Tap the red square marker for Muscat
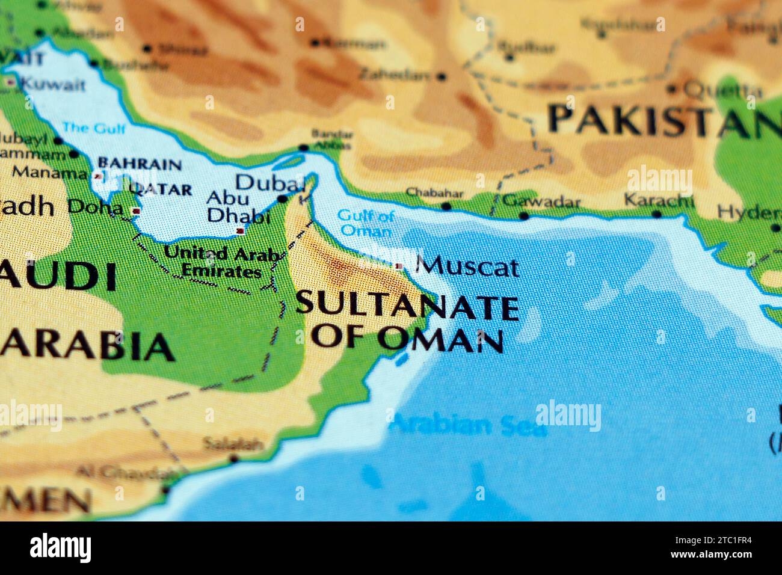point(398,266)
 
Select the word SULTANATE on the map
point(407,306)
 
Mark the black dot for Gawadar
point(523,215)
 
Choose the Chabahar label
point(434,194)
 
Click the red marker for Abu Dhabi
point(241,231)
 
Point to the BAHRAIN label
point(140,164)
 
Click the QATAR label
point(161,189)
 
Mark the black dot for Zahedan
point(442,77)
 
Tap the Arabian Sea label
point(467,426)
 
